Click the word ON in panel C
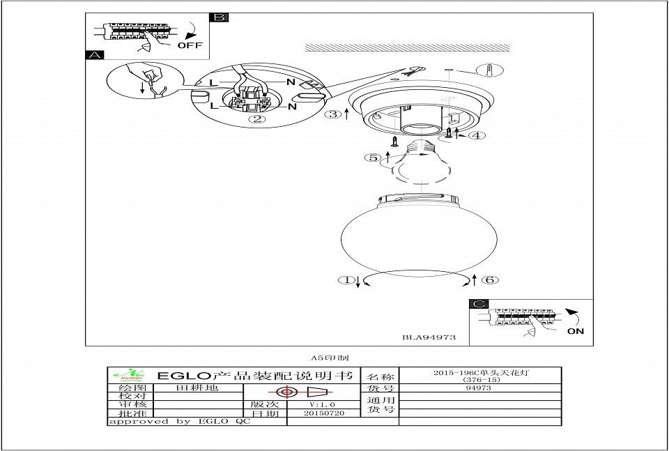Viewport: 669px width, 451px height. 576,331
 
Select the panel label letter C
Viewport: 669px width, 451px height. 477,304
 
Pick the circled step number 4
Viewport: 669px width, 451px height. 476,135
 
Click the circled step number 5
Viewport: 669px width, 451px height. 374,158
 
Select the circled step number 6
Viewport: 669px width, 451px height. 490,280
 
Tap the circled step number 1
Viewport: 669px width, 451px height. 346,280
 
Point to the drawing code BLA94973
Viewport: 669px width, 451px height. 429,337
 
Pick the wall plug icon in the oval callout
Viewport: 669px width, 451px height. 491,70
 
